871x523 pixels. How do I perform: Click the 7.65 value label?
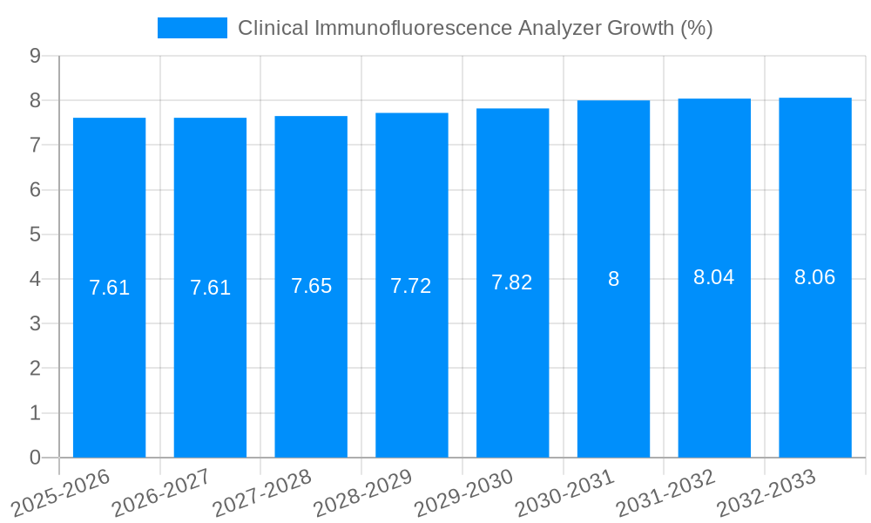311,286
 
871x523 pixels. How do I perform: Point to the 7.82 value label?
511,282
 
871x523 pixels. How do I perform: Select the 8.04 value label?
713,277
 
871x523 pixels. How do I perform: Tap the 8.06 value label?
814,277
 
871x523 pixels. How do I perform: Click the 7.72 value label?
411,286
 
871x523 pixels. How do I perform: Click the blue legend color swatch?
192,28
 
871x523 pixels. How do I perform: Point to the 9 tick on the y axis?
35,56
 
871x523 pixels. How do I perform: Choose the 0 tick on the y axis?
35,458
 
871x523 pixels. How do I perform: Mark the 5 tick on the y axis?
35,234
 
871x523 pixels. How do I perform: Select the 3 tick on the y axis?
35,324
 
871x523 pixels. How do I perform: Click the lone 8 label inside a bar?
613,279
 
